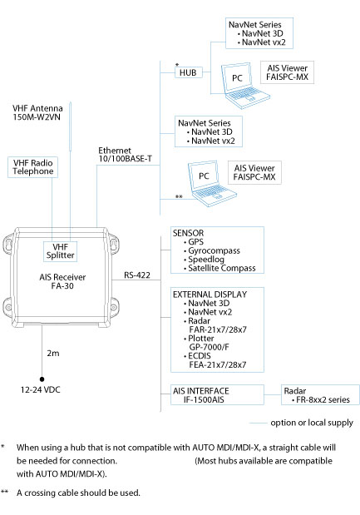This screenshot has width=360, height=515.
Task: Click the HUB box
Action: coord(189,72)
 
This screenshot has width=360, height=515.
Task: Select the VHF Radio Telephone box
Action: coord(32,167)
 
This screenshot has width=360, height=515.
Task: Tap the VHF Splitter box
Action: coord(61,251)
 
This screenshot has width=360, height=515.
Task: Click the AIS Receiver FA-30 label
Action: coord(62,281)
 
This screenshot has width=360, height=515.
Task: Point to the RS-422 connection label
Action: coord(137,275)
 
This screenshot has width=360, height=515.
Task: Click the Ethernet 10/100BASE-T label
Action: coord(125,155)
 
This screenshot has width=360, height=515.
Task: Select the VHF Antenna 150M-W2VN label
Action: coord(37,112)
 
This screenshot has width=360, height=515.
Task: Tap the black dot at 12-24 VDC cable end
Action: coord(42,379)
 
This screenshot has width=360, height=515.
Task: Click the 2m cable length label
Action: coord(53,353)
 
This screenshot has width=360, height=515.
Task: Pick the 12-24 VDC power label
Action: coord(41,390)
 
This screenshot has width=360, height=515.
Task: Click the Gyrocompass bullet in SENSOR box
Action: coord(212,250)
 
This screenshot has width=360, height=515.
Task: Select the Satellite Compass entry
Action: coord(219,268)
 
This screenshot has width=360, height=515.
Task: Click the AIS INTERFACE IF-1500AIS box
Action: coord(217,395)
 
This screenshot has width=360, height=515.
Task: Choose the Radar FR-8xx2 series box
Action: coord(320,395)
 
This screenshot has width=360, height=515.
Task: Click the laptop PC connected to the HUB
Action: coord(244,86)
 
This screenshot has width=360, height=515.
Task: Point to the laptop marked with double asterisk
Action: coord(212,183)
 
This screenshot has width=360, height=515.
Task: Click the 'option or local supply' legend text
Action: coord(312,423)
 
